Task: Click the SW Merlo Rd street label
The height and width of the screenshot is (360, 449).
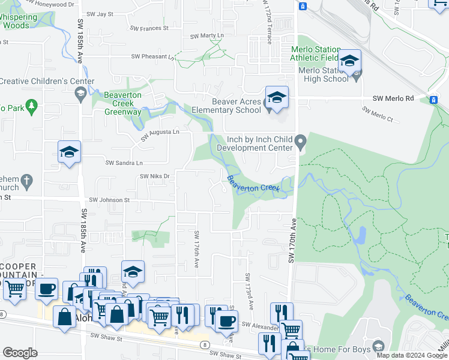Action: coord(393,98)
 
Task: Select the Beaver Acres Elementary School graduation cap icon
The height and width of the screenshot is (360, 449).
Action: coord(277,97)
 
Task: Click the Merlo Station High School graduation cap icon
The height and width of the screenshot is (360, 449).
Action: coord(349,61)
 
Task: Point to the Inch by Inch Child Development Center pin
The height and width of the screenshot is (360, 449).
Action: coord(302,142)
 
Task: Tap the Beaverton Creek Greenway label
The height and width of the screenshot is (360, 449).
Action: coord(123,103)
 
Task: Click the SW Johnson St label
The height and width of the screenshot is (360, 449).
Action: coord(110,200)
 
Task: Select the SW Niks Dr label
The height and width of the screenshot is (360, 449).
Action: coord(155,176)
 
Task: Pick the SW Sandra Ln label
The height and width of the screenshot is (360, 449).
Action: coord(124,163)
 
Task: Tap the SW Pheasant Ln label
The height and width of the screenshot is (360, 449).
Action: coord(153,57)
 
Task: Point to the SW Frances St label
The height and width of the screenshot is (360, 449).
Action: coord(150,28)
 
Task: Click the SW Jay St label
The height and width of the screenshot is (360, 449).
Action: coord(100,13)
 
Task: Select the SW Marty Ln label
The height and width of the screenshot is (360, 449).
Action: coord(206,36)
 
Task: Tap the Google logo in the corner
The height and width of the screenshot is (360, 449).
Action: coord(20,353)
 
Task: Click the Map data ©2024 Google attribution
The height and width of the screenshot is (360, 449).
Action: coord(412,355)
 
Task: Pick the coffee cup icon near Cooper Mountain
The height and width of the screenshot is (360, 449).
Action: coord(46,290)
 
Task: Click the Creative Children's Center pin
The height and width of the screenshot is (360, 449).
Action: coord(80,92)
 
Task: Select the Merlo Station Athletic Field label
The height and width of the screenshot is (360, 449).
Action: coord(315,53)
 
